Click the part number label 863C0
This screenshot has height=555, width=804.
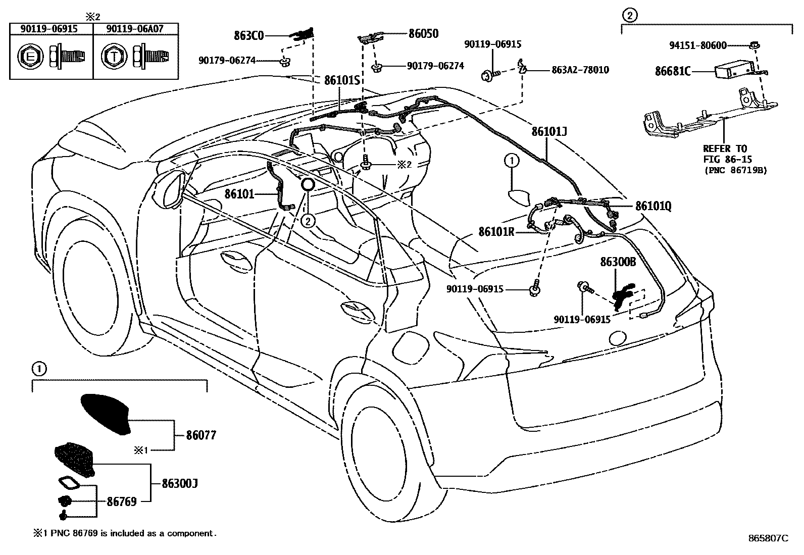point(249,35)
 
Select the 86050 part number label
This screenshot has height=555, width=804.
point(423,34)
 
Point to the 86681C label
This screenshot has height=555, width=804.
point(673,71)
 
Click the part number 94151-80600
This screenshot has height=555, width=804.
point(698,45)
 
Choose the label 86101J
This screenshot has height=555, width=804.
point(549,132)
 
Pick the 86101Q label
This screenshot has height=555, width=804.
point(654,206)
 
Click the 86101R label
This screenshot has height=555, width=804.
point(496,232)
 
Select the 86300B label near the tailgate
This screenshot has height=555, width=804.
point(618,262)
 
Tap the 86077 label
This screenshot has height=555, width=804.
point(201,435)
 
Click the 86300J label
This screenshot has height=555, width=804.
point(179,483)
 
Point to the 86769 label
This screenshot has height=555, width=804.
point(122,501)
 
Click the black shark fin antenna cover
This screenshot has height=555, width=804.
point(107,413)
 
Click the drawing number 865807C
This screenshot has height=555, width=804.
point(768,538)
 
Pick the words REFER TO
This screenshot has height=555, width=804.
point(725,148)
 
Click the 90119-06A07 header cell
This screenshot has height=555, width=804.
point(135,29)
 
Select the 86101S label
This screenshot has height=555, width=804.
point(341,80)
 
